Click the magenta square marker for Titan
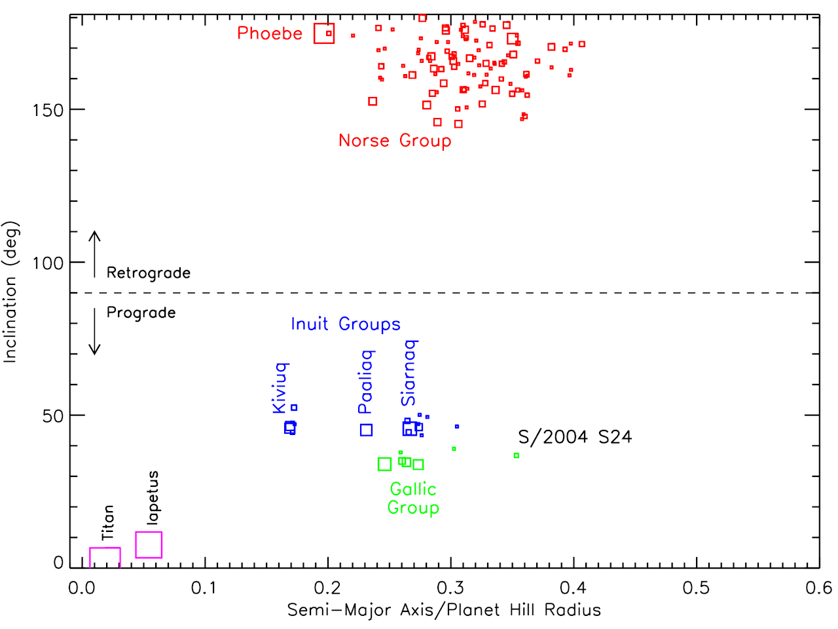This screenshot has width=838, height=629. [x=105, y=558]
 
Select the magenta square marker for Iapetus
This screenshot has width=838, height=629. [x=149, y=545]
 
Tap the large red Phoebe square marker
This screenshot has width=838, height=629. [x=324, y=33]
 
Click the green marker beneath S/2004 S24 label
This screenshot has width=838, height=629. [x=517, y=455]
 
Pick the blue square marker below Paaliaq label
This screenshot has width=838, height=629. [x=367, y=430]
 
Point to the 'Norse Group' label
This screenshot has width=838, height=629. [x=395, y=141]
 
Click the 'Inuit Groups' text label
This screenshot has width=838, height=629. [x=346, y=324]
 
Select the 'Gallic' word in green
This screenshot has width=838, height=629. [x=413, y=489]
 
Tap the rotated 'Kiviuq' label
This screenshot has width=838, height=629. [x=280, y=387]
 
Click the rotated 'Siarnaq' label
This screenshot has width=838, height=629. [x=409, y=373]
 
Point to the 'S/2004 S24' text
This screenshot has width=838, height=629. [x=575, y=437]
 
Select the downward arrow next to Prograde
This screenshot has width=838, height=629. [x=95, y=332]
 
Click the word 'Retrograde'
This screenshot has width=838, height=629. [x=149, y=273]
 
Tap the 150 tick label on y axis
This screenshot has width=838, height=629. [x=48, y=110]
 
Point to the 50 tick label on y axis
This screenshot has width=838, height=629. [x=53, y=416]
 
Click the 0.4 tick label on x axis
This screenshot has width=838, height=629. [x=574, y=588]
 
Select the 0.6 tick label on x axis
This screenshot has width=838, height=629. [x=818, y=588]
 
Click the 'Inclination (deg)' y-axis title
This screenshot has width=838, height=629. [x=11, y=292]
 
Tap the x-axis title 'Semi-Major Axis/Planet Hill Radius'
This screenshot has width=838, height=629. [x=444, y=611]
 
